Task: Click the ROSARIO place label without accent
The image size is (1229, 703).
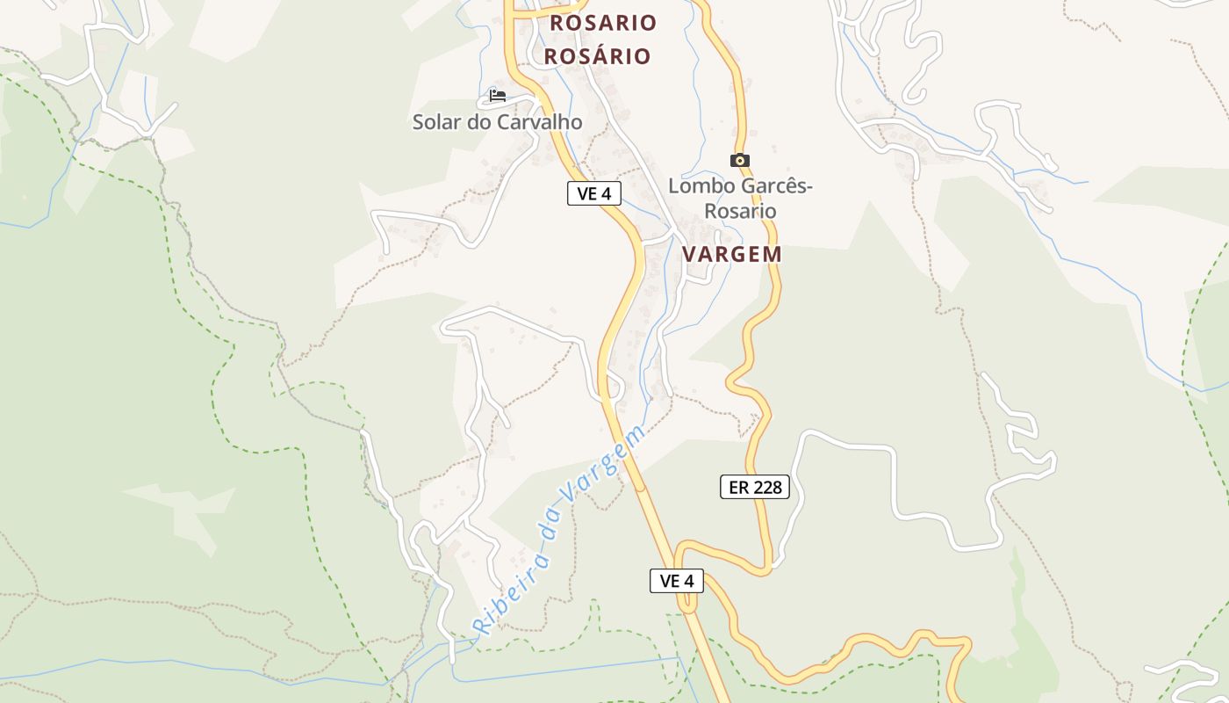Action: click(x=603, y=23)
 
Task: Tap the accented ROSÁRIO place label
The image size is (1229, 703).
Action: click(x=598, y=56)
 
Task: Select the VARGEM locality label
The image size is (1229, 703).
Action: click(x=732, y=254)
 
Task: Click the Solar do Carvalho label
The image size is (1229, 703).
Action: click(x=497, y=122)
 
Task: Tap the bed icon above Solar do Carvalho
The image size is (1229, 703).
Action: click(x=498, y=95)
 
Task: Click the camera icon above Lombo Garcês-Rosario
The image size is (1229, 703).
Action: click(x=740, y=160)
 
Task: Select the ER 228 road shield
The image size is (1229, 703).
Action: click(x=755, y=487)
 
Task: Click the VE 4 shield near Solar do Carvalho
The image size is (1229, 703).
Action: click(x=594, y=193)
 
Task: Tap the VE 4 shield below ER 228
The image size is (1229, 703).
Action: click(x=677, y=580)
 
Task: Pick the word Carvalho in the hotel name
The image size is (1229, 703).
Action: click(x=539, y=122)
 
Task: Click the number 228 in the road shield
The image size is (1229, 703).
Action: click(x=766, y=487)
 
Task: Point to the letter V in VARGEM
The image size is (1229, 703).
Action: click(x=690, y=254)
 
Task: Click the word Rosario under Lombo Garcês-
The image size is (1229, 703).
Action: click(x=740, y=211)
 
